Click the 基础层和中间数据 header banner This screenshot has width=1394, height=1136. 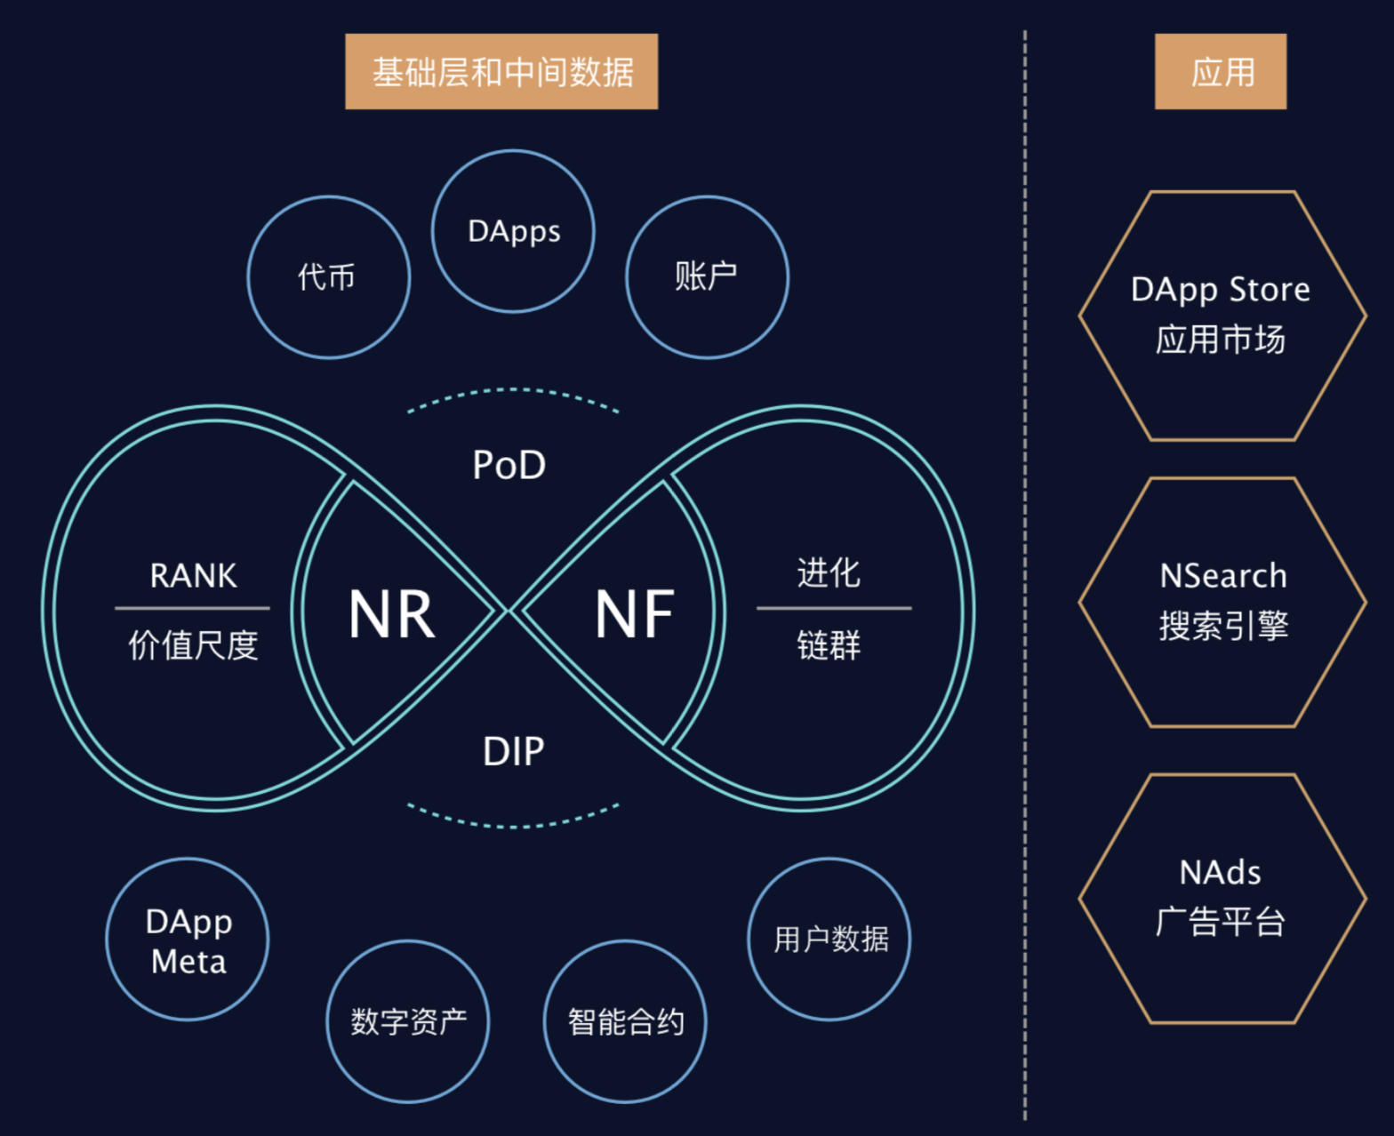click(x=501, y=72)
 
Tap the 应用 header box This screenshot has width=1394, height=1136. click(x=1220, y=72)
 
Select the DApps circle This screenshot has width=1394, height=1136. click(x=513, y=231)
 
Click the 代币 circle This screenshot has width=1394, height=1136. click(x=328, y=277)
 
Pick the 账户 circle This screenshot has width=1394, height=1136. click(x=707, y=277)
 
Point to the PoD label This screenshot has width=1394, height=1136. click(x=509, y=465)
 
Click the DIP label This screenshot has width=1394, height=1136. click(x=513, y=752)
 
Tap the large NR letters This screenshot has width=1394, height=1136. click(x=392, y=614)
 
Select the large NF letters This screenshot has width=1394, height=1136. click(x=634, y=614)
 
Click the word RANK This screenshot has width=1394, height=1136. click(x=193, y=576)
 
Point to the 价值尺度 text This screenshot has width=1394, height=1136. click(x=193, y=645)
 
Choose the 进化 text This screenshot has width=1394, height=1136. click(x=829, y=573)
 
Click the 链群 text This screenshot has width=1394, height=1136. click(x=829, y=645)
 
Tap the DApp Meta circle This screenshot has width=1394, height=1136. click(x=188, y=940)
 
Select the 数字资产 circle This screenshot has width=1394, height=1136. click(x=408, y=1021)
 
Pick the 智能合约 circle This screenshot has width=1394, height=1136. click(x=625, y=1021)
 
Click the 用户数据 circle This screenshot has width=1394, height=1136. click(x=829, y=940)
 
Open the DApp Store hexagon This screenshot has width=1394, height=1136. click(x=1222, y=316)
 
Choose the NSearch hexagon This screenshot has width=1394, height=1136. click(x=1222, y=602)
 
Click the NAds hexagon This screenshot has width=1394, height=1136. click(x=1222, y=898)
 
